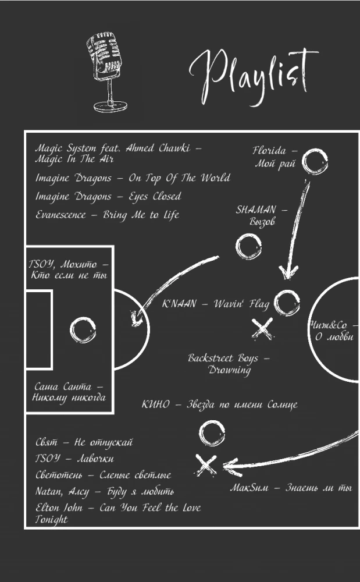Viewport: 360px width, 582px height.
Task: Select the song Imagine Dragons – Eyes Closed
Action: tap(108, 197)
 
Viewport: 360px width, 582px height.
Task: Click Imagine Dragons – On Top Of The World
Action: tap(133, 178)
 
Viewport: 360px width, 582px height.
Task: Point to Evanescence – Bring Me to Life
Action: tap(107, 215)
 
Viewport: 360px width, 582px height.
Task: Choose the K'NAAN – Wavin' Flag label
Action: tap(216, 304)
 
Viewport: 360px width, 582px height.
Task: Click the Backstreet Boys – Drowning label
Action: tap(229, 364)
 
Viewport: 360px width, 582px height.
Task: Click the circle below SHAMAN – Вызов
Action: tap(248, 246)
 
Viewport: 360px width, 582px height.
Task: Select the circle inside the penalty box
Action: tap(83, 330)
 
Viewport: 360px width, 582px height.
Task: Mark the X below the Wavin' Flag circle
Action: tap(263, 329)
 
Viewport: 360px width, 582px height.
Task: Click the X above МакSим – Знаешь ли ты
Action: tap(206, 464)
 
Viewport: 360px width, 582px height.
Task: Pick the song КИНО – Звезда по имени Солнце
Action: tap(219, 404)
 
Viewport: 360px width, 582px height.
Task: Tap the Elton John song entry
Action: tap(117, 513)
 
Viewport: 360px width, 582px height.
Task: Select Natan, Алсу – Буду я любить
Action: tap(105, 492)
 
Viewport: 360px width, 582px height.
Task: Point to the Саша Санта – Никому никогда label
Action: tap(69, 392)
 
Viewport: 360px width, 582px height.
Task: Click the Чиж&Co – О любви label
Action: tap(334, 331)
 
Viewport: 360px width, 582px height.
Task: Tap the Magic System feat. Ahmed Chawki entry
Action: tap(118, 154)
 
